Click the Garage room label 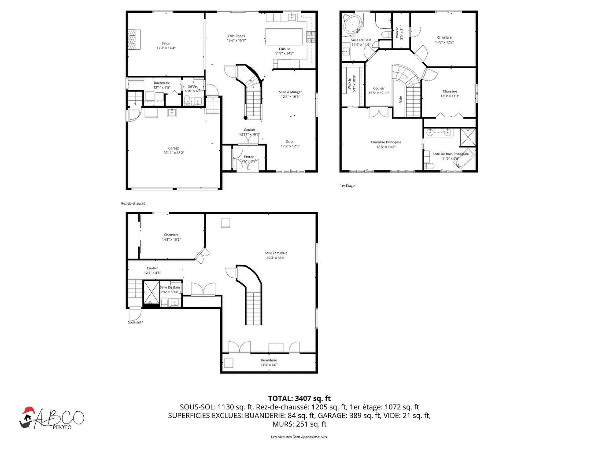(x=174, y=151)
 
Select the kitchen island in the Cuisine (x=284, y=36)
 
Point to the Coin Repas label (x=236, y=38)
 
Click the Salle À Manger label (x=290, y=94)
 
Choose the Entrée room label (x=249, y=159)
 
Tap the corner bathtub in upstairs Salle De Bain (x=353, y=24)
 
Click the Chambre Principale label (x=386, y=144)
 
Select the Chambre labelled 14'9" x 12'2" (x=444, y=40)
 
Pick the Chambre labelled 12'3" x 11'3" (x=450, y=94)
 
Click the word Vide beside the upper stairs (x=401, y=99)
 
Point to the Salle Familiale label (x=276, y=255)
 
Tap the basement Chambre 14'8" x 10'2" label (x=171, y=237)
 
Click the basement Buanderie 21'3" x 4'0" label (x=269, y=362)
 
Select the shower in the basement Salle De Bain (x=151, y=291)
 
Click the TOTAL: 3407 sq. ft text (x=299, y=399)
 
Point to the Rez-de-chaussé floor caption (x=133, y=203)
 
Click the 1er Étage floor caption (x=347, y=186)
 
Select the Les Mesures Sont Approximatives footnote (x=299, y=437)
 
